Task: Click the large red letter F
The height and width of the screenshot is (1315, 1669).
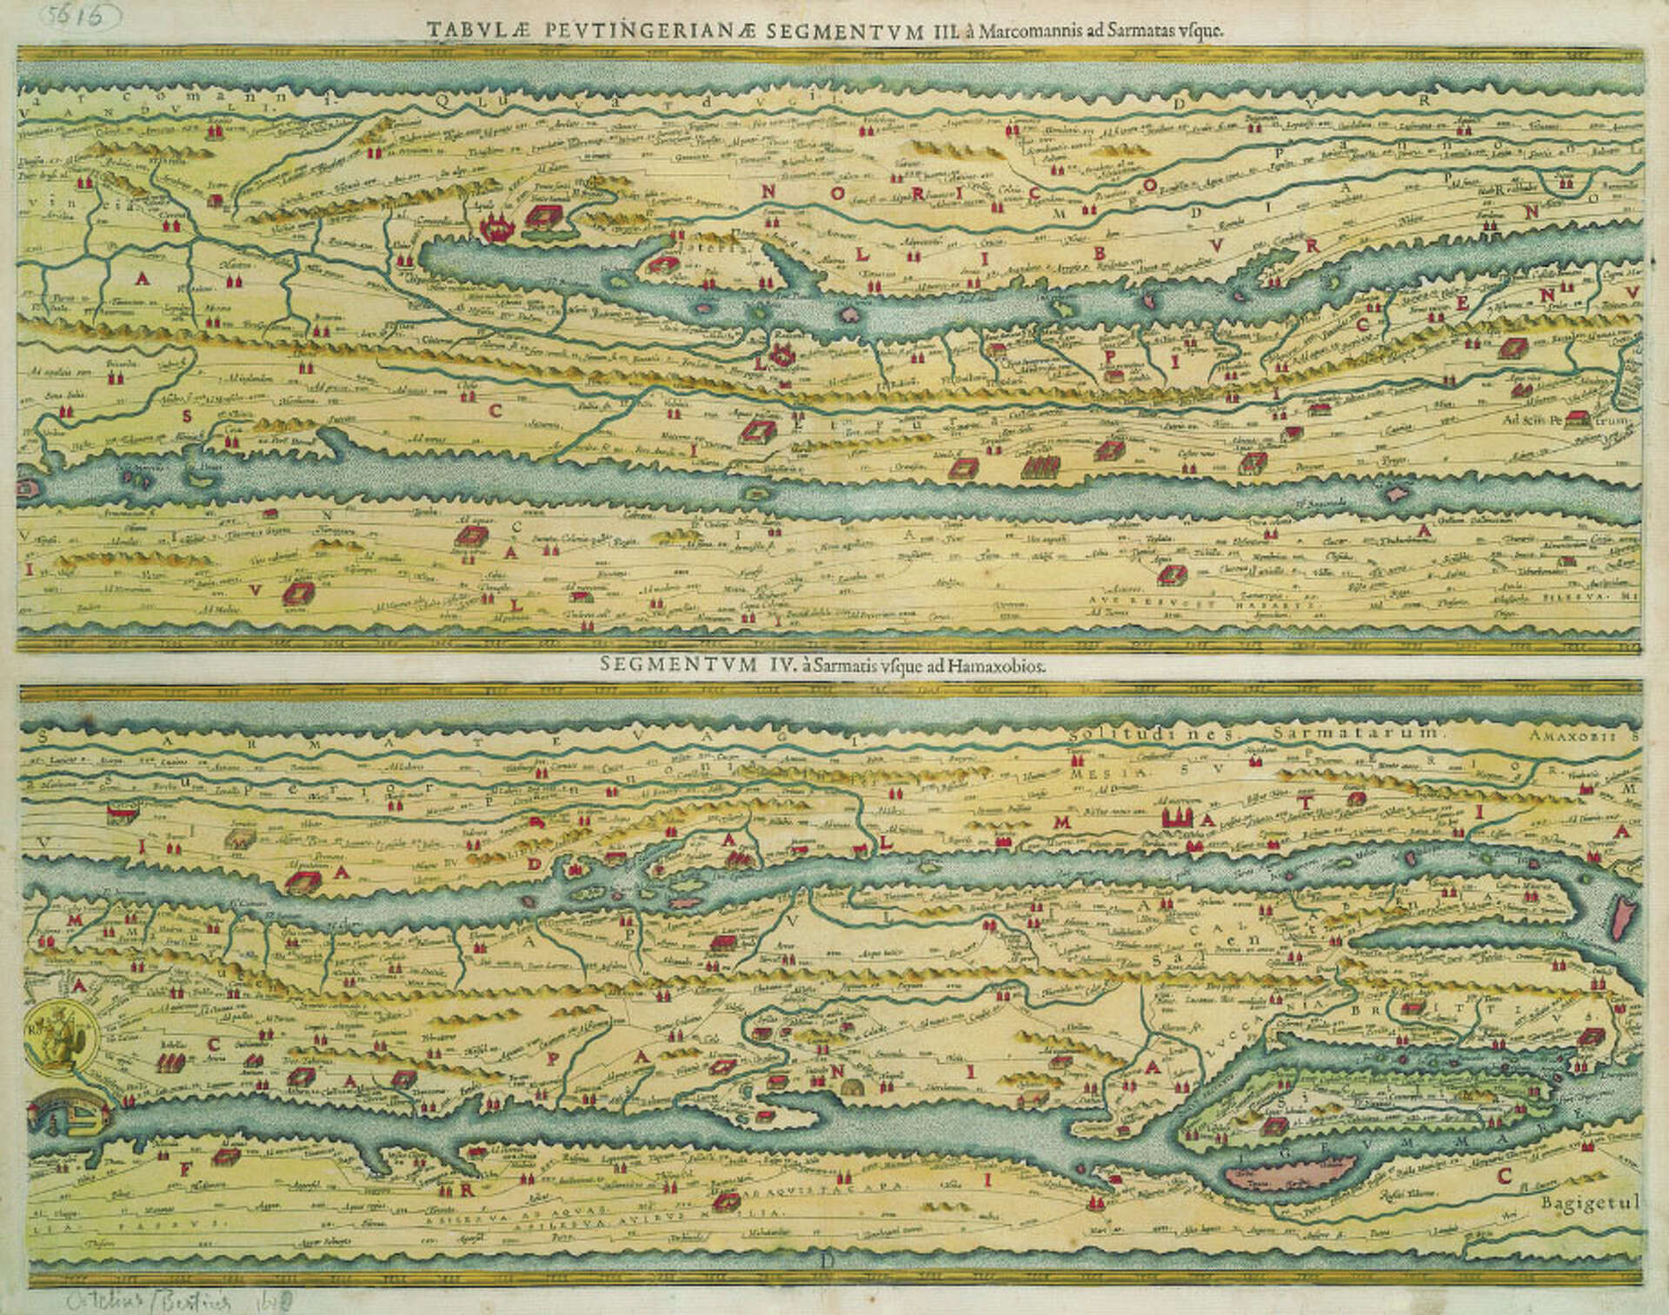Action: (x=185, y=1169)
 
